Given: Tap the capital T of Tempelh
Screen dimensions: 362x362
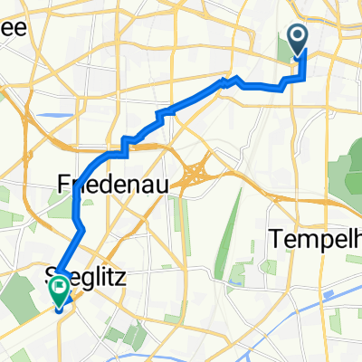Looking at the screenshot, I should pos(274,239).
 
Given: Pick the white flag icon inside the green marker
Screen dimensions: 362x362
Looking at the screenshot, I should pos(60,290).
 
